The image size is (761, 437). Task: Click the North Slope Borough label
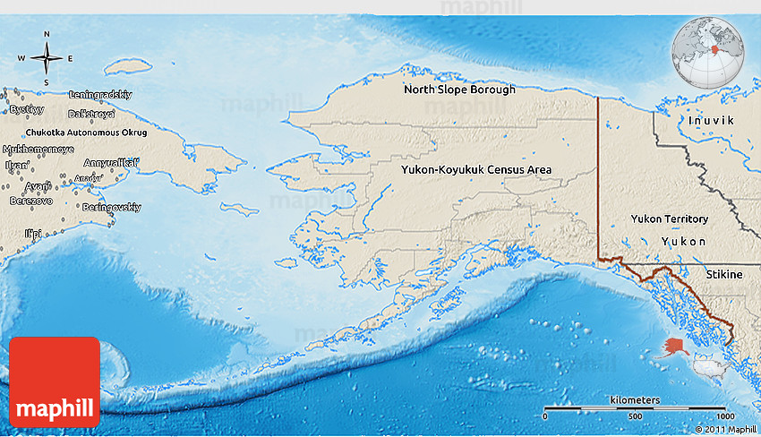click(459, 90)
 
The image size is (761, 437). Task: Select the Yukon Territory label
click(669, 218)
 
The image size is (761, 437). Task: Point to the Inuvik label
click(712, 120)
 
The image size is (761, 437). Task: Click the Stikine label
click(723, 274)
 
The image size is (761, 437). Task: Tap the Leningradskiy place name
click(100, 94)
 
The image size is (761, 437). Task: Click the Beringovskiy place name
click(111, 207)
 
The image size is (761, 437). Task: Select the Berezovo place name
click(30, 201)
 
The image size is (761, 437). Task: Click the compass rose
click(47, 58)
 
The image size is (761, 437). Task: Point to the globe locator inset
click(708, 50)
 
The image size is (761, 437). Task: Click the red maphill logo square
click(55, 381)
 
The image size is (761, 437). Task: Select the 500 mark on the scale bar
click(634, 417)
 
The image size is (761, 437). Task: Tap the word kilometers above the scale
click(635, 398)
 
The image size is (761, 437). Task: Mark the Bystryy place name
click(26, 108)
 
